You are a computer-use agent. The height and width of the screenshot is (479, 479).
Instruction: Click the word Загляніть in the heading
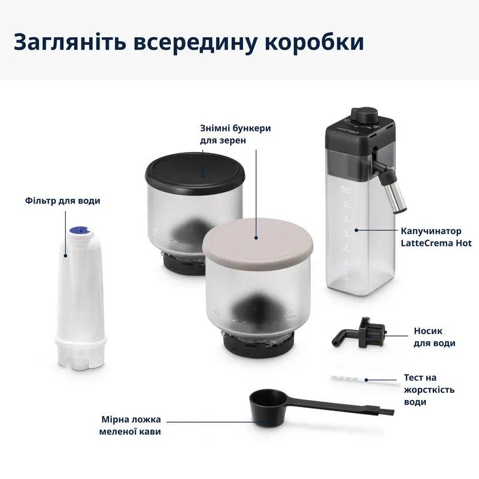click(66, 43)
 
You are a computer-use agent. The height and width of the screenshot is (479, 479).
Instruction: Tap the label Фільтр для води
click(63, 201)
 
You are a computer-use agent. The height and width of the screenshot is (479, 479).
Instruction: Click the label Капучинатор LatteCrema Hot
click(436, 236)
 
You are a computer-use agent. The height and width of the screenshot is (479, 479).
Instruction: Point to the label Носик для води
click(434, 336)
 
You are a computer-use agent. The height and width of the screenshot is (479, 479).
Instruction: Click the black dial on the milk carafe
click(365, 114)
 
